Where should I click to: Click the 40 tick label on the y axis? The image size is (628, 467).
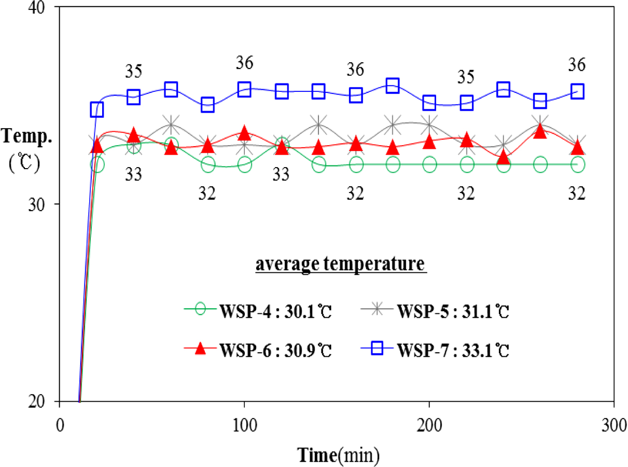pyautogui.click(x=39, y=8)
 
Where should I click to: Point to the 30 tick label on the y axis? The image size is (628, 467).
pyautogui.click(x=39, y=205)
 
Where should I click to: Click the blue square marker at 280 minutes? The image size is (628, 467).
pyautogui.click(x=577, y=92)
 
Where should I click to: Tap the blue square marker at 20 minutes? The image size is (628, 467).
pyautogui.click(x=97, y=110)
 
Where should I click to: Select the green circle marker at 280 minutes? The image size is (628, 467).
pyautogui.click(x=577, y=165)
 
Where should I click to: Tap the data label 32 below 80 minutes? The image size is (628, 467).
pyautogui.click(x=207, y=195)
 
